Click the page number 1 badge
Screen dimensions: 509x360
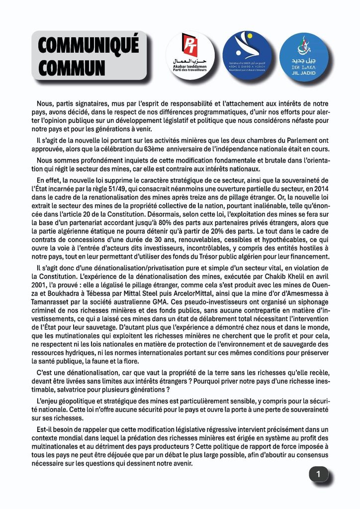click(x=319, y=474)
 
